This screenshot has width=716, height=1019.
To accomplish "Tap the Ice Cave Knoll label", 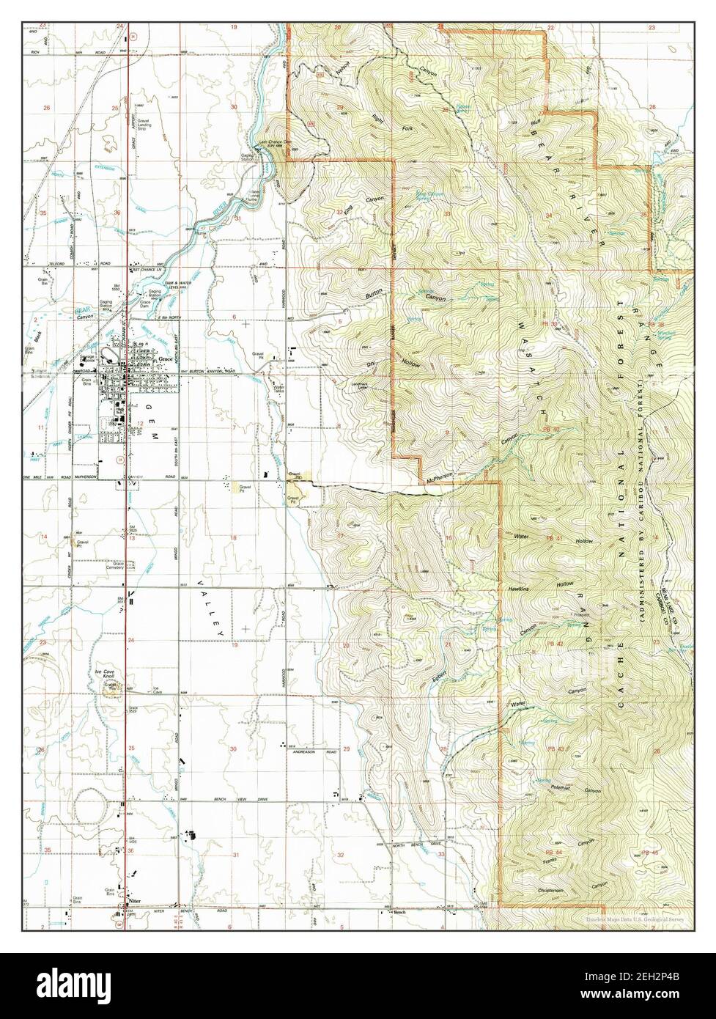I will click(x=107, y=674).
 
